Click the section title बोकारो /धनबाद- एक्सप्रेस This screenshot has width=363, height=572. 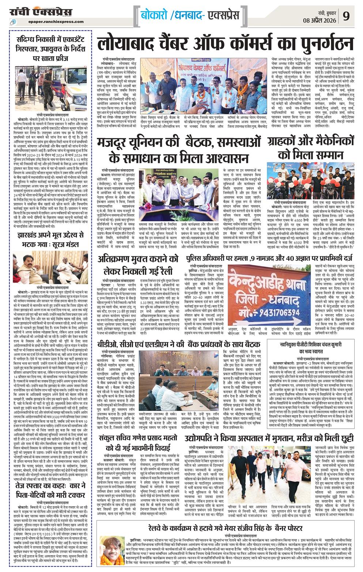click(x=190, y=16)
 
